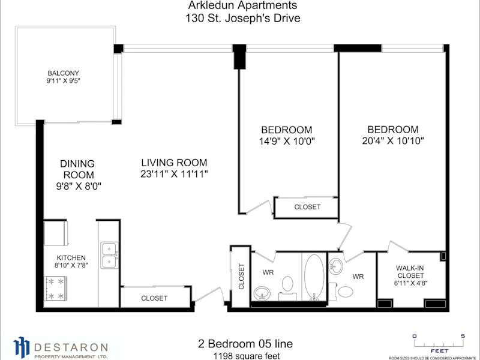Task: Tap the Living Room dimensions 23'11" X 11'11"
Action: [174, 174]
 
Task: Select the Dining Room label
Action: [78, 169]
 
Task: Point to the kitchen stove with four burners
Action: [55, 288]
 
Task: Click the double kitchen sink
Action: [109, 256]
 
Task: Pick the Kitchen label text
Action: [71, 258]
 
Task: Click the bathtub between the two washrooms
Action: [314, 277]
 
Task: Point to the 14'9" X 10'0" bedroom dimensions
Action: [287, 141]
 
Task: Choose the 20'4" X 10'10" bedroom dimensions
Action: [393, 141]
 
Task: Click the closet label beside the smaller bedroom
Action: [307, 207]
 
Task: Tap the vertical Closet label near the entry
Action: [241, 277]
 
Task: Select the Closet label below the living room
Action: [154, 298]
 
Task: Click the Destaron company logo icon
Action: [22, 347]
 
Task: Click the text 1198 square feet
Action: [247, 356]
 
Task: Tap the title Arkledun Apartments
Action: [242, 5]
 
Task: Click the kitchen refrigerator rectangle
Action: [56, 233]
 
